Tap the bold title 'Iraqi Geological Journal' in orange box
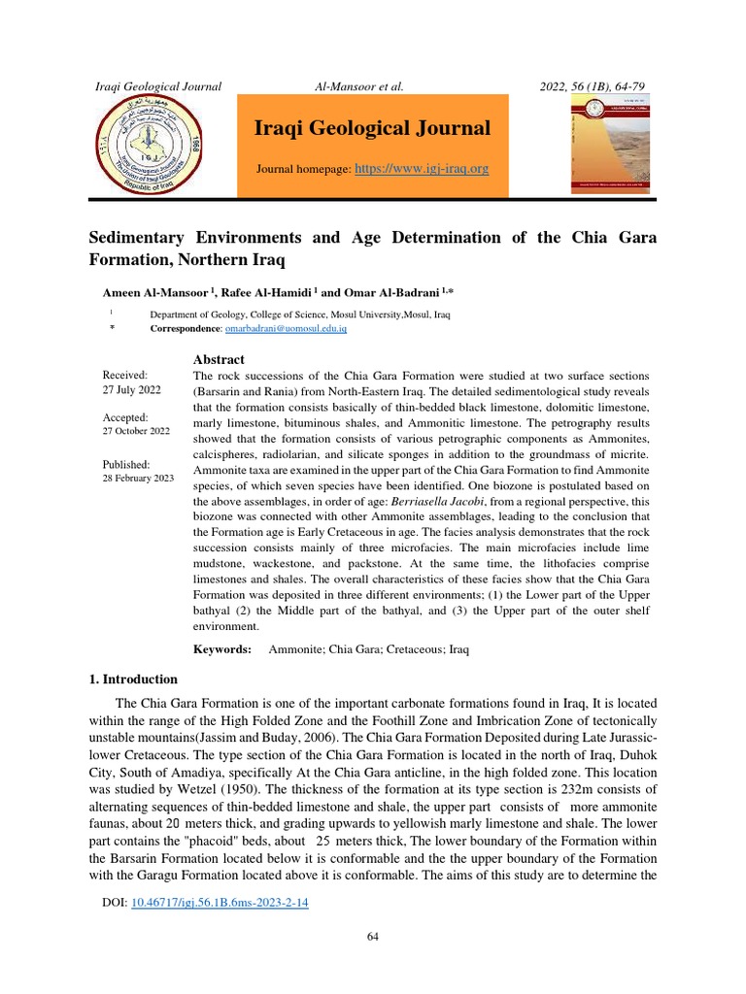pyautogui.click(x=372, y=128)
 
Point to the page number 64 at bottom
pyautogui.click(x=373, y=936)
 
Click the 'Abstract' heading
pyautogui.click(x=219, y=360)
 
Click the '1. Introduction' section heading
pyautogui.click(x=133, y=679)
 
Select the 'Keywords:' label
pyautogui.click(x=222, y=648)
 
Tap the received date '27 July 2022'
pyautogui.click(x=132, y=389)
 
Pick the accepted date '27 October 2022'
pyautogui.click(x=136, y=431)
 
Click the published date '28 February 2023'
pyautogui.click(x=138, y=480)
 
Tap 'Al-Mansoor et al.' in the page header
pyautogui.click(x=359, y=87)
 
